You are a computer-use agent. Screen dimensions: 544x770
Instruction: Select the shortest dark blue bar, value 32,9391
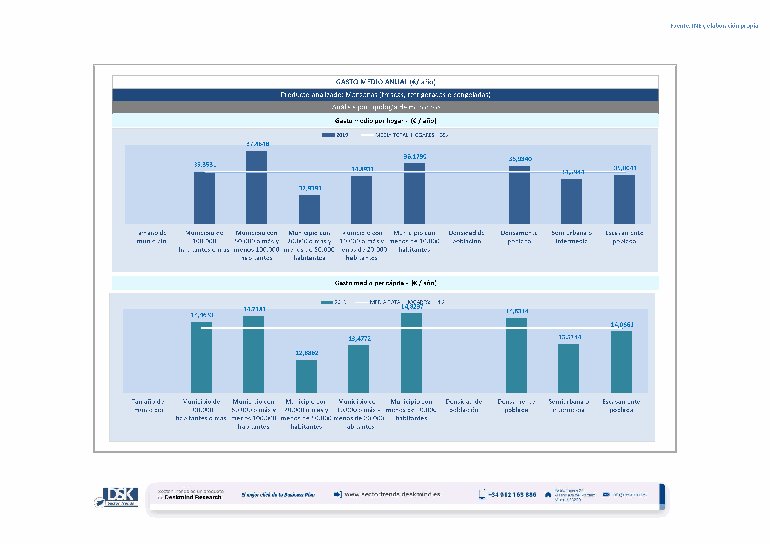309,210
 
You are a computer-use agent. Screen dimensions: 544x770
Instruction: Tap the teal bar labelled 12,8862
306,376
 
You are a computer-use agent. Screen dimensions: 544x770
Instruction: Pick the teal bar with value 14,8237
411,353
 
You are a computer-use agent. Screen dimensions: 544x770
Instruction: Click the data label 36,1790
415,156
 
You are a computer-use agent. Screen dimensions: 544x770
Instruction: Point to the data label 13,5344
570,337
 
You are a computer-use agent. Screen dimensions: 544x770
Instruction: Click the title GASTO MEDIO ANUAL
386,82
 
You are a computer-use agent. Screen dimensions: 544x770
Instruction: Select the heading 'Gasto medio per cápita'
386,283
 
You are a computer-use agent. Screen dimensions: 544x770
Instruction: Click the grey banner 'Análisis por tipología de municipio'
386,107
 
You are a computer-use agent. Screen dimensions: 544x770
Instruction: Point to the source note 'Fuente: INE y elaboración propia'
714,26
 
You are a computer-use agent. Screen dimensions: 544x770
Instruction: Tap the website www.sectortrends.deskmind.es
392,494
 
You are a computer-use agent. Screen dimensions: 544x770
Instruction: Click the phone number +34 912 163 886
512,495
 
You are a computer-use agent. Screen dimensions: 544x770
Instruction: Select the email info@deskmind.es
629,495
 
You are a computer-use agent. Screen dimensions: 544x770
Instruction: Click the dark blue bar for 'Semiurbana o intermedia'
572,202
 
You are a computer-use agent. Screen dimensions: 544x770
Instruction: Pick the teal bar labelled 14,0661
621,362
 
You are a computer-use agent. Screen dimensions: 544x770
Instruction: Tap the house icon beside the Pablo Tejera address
548,495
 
